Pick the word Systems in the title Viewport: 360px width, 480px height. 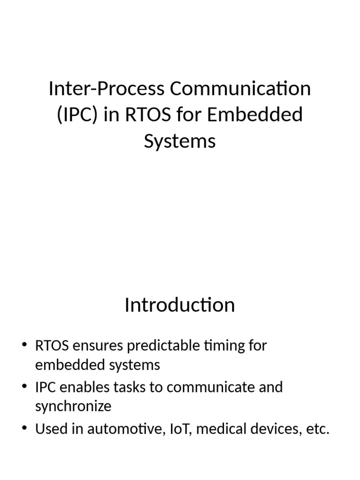(180, 141)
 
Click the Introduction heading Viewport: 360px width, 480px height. (180, 305)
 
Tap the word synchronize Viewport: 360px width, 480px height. (73, 406)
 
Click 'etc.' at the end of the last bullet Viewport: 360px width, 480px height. (317, 429)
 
